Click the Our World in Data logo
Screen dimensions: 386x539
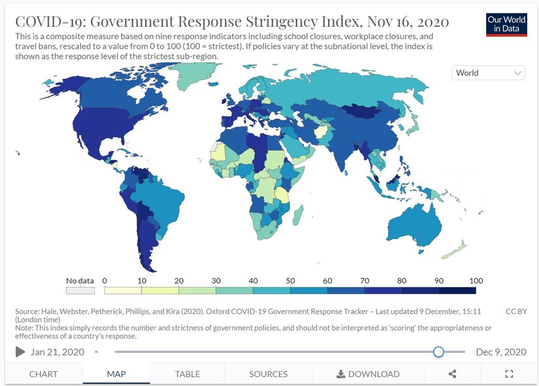point(506,24)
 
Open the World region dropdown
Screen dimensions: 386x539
point(488,73)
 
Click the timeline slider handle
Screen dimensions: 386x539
point(438,352)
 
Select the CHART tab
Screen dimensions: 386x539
point(43,374)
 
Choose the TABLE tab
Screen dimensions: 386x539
point(187,374)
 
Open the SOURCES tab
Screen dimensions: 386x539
point(268,374)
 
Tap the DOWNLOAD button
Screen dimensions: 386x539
point(368,374)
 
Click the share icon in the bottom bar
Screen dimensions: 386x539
point(452,374)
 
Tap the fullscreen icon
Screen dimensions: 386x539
point(509,374)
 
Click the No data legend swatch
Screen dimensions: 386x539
point(80,290)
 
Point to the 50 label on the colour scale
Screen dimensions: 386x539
point(289,280)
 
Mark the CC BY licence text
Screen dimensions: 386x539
point(515,312)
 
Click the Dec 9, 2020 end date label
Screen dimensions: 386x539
point(500,352)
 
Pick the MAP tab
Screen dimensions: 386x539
point(116,374)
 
